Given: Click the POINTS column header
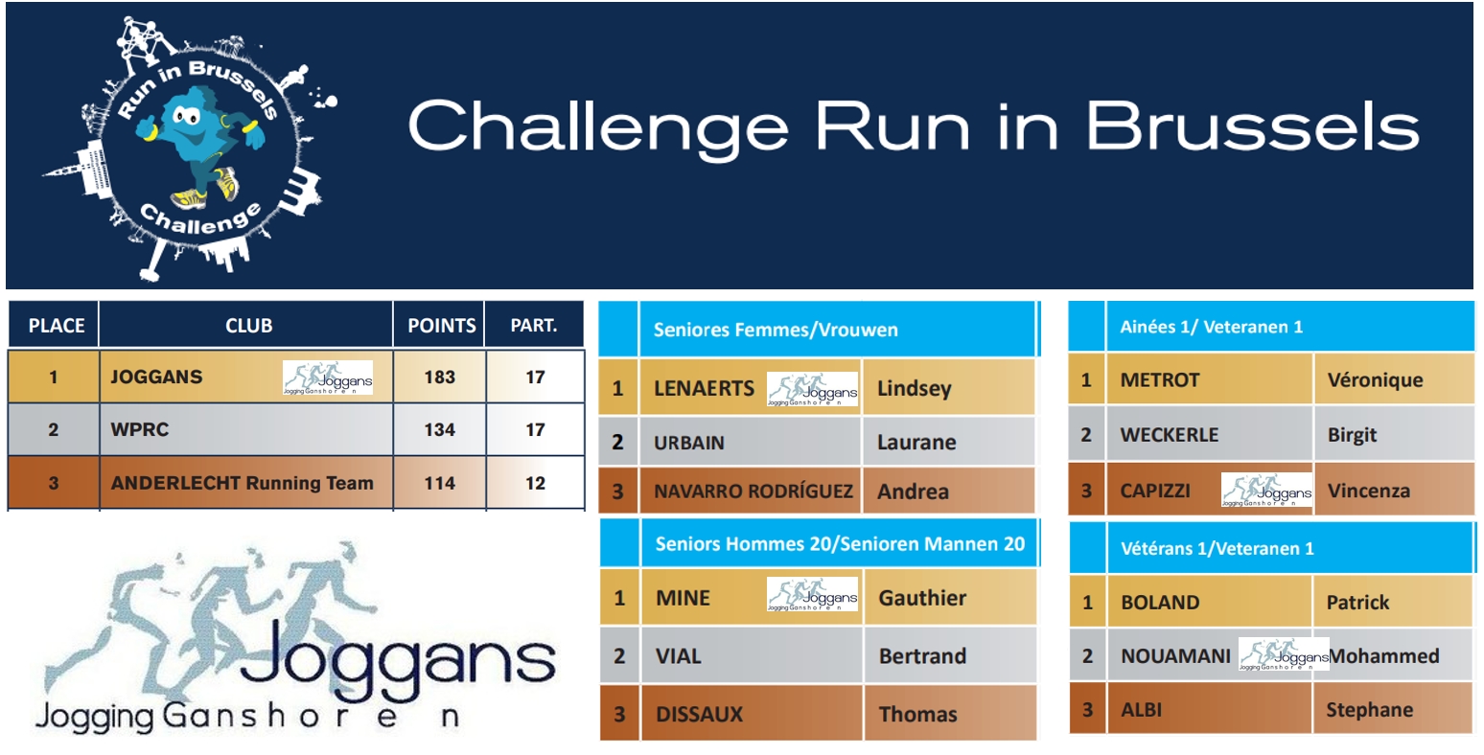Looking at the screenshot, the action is point(441,325).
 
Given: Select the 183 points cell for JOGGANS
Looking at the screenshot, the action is point(440,377).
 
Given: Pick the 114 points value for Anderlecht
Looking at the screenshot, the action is point(440,483).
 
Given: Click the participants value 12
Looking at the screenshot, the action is point(535,483).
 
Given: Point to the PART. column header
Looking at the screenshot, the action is point(534,325).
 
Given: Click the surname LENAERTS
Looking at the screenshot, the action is point(705,388).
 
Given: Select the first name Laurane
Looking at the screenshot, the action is point(916,442).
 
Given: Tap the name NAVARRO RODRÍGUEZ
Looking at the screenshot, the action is point(754,491).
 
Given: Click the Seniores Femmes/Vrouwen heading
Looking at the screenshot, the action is point(776,330).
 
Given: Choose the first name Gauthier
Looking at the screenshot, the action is point(922,597).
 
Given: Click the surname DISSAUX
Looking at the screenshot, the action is point(700,714).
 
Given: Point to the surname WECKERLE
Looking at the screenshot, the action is point(1170,434).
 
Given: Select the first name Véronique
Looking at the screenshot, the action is point(1376,379).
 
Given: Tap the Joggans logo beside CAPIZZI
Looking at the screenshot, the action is point(1266,491).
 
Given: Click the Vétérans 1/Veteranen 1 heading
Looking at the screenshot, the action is point(1217,548).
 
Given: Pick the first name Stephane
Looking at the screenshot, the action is point(1369,709).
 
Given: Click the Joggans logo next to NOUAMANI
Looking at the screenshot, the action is point(1284,654).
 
